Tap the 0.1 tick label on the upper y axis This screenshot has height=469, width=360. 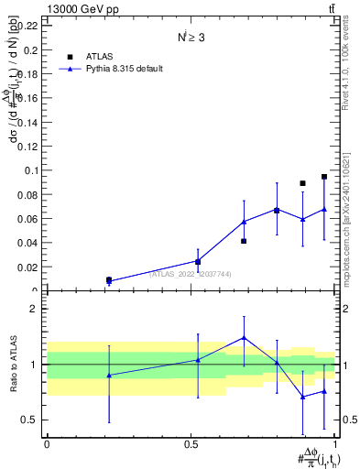[x=31, y=170]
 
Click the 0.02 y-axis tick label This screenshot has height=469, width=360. [x=27, y=267]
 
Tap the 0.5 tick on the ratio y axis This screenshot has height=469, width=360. [x=31, y=420]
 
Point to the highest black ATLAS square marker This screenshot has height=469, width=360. [x=324, y=177]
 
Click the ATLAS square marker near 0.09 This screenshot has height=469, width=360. [x=302, y=183]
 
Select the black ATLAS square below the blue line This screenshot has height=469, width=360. [x=244, y=241]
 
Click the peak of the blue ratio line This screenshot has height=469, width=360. [x=244, y=337]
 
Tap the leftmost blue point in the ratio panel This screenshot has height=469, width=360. [x=109, y=376]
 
